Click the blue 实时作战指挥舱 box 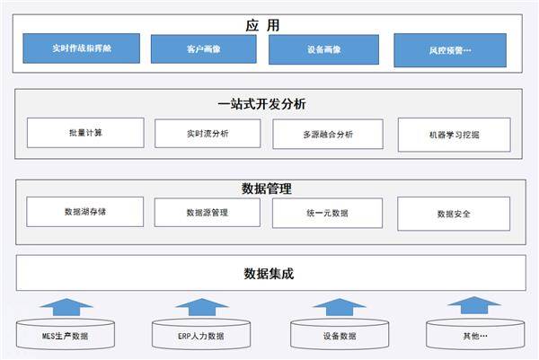[x=82, y=48]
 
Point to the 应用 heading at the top [x=262, y=25]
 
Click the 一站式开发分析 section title [x=262, y=104]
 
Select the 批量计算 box [x=85, y=133]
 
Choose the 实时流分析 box [x=208, y=134]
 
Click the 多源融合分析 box [x=326, y=135]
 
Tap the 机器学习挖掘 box [x=454, y=135]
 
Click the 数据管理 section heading [x=267, y=189]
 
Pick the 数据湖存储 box [x=85, y=212]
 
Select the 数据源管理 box [x=208, y=213]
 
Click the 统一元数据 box [x=326, y=213]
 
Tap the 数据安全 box [x=454, y=214]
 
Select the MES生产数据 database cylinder [x=65, y=335]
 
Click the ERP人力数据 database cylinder [x=200, y=335]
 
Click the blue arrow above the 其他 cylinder [x=473, y=306]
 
